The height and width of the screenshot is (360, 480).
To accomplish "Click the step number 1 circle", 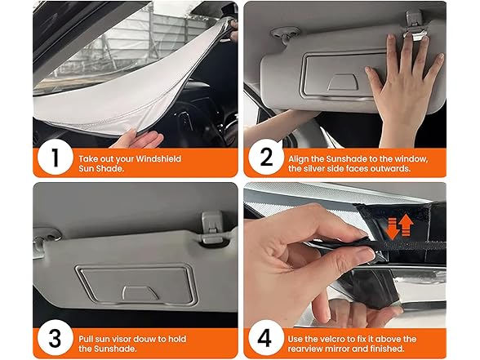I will pyautogui.click(x=53, y=158).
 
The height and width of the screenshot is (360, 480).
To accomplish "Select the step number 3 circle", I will pyautogui.click(x=53, y=337).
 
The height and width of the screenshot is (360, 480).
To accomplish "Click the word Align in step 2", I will pyautogui.click(x=300, y=153).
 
